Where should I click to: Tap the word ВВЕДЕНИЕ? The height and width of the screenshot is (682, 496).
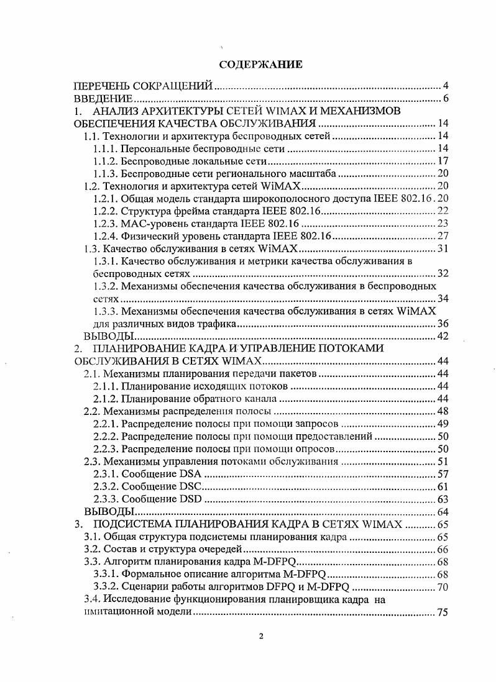coord(103,99)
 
